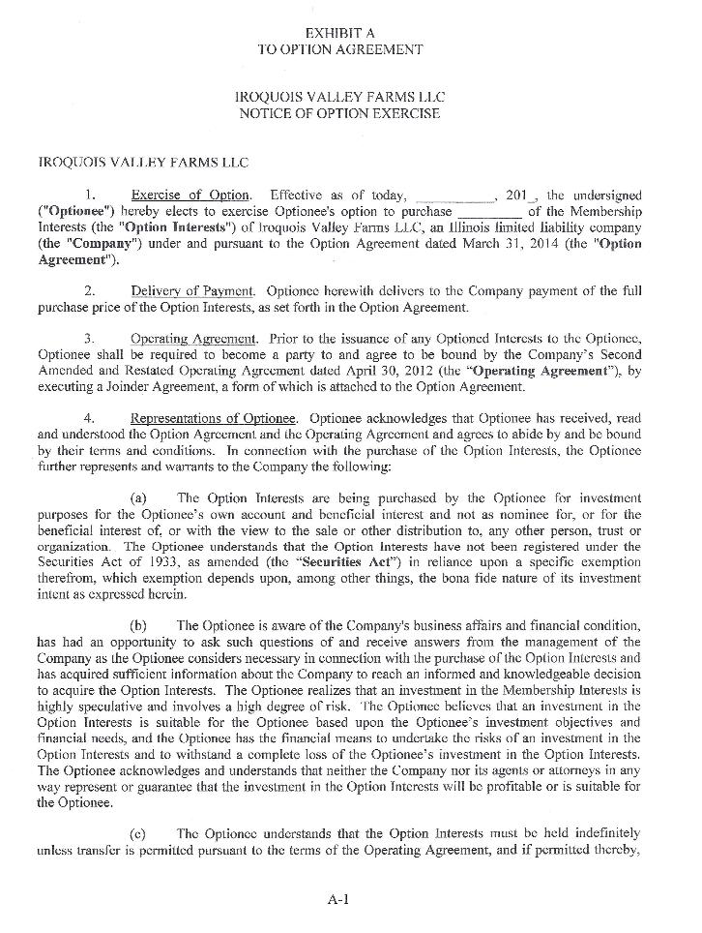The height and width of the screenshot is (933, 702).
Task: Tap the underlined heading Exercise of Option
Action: click(190, 196)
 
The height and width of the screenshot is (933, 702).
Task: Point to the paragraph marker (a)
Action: click(138, 497)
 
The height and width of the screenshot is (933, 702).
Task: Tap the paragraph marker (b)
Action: click(138, 624)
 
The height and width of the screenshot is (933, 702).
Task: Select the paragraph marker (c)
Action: click(138, 831)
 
